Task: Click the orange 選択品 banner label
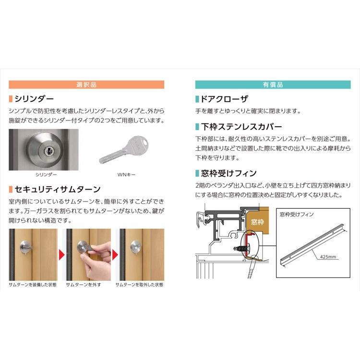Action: point(86,84)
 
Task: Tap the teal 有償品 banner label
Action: point(273,84)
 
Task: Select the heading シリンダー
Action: point(34,99)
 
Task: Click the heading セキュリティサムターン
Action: point(57,189)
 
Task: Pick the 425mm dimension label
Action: point(328,257)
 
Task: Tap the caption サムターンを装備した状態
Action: point(33,285)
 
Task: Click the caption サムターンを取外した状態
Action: point(139,285)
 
